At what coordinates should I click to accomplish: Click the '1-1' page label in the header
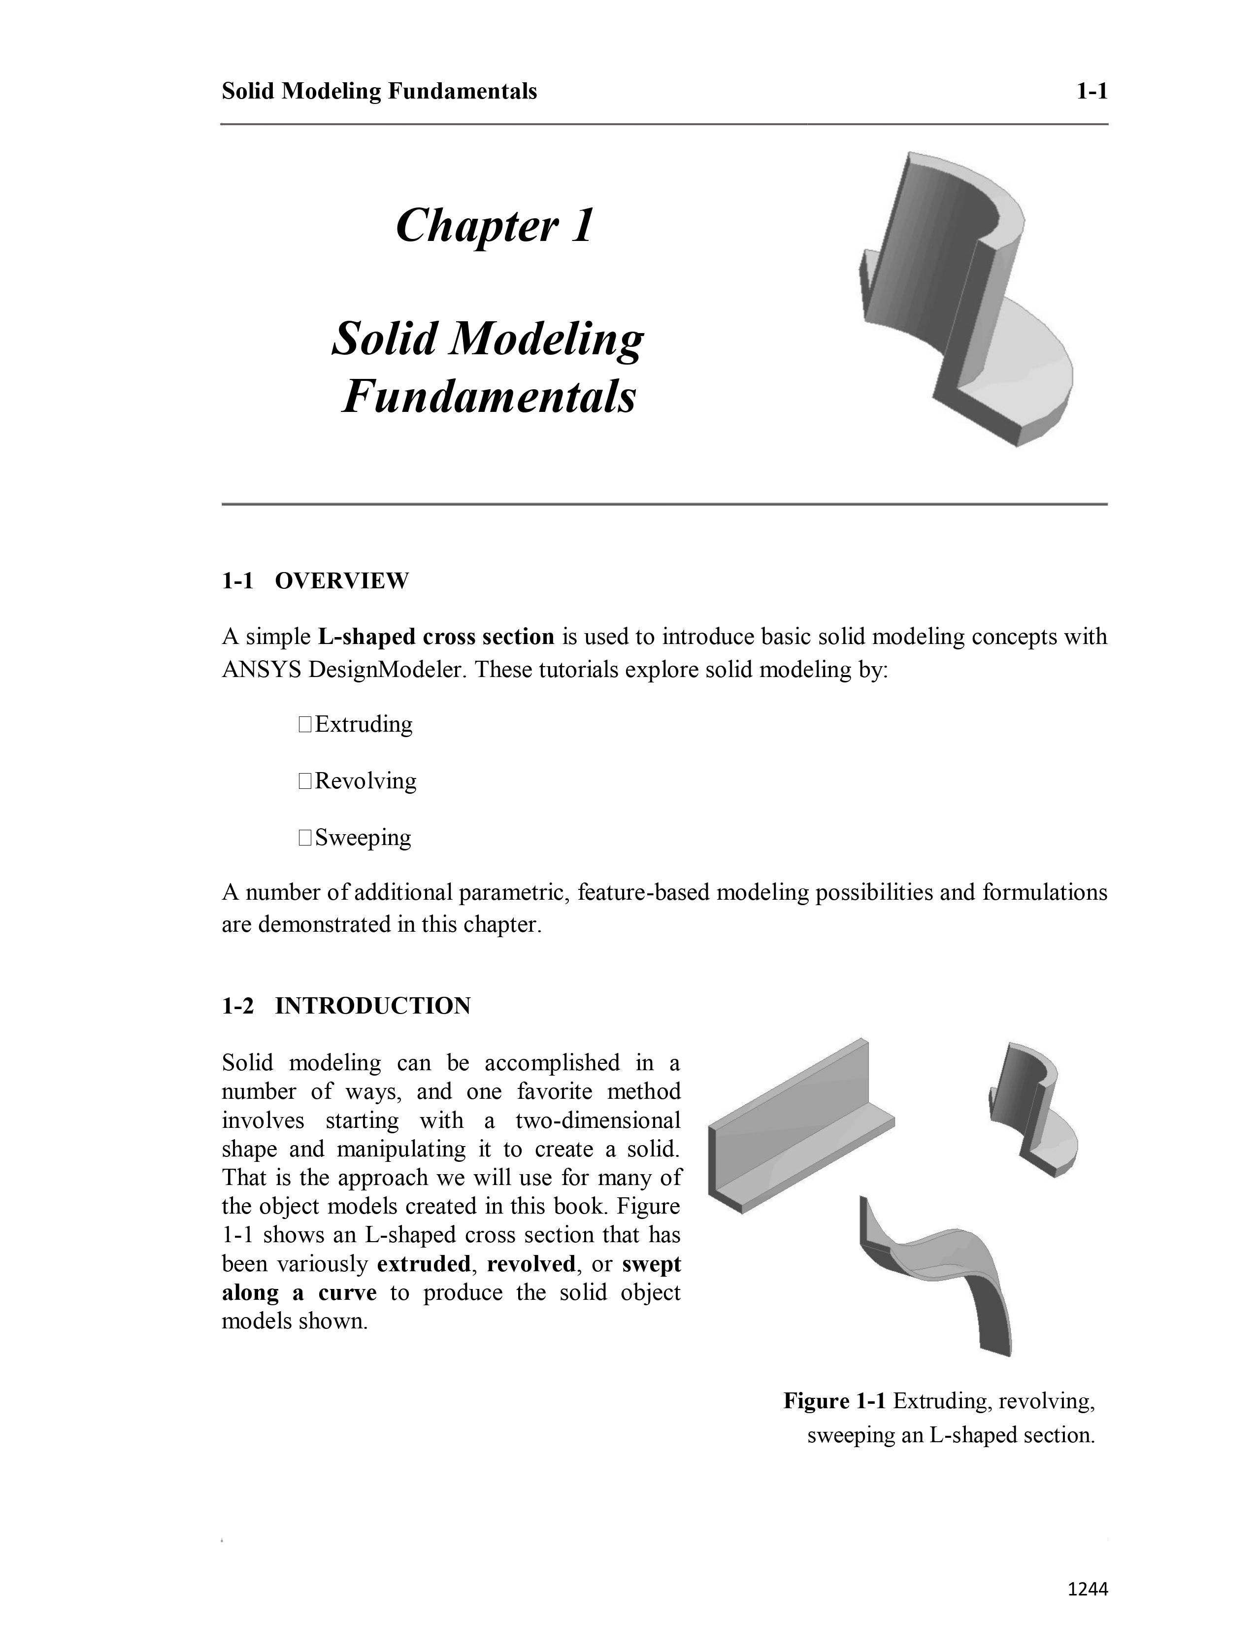click(1091, 92)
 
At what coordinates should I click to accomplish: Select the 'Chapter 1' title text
click(495, 225)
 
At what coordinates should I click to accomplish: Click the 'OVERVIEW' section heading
click(341, 581)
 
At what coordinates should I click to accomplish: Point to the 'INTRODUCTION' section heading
click(372, 1006)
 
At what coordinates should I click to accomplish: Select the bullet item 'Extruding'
click(363, 724)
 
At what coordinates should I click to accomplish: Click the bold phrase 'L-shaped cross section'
click(436, 637)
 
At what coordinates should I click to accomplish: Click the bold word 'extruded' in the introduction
click(424, 1264)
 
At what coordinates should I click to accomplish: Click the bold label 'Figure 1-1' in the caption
click(834, 1401)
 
